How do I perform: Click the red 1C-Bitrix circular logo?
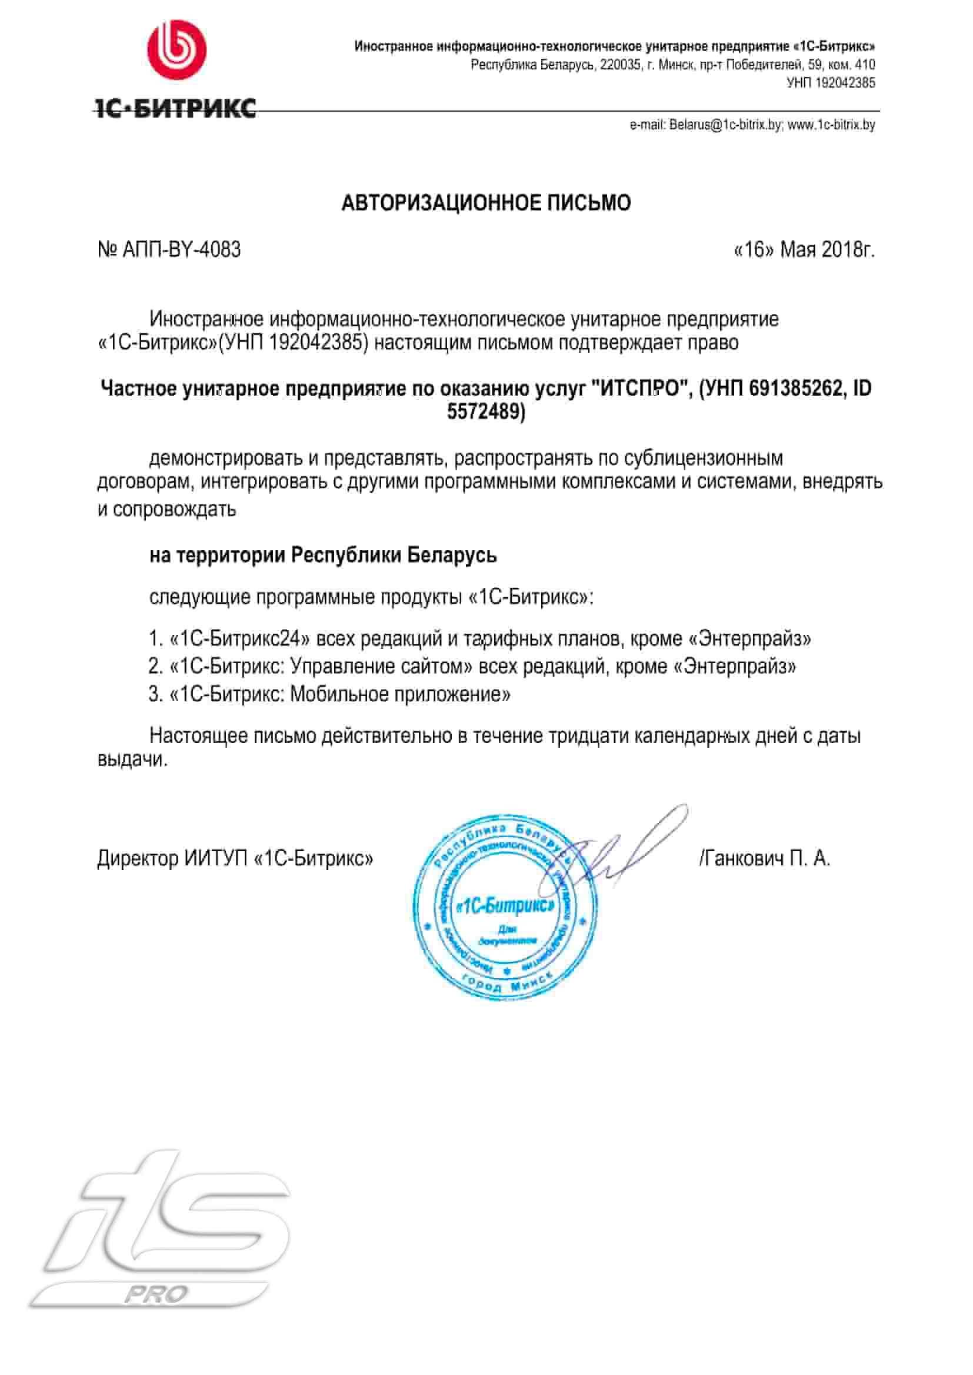coord(176,51)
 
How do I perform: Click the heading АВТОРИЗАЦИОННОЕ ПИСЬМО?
coord(486,203)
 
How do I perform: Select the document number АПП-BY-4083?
coord(181,249)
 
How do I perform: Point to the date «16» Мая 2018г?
coord(804,249)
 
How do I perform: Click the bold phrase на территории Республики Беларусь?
coord(323,555)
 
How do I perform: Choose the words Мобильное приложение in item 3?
coord(399,695)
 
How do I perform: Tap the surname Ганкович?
coord(743,859)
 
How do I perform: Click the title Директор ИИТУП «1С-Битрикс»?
coord(235,859)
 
